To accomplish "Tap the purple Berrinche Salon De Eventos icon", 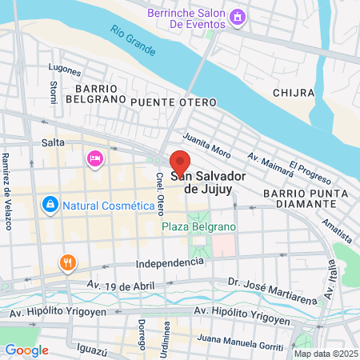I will tap(236, 17).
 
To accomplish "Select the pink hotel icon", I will tap(95, 159).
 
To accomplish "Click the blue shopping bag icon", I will tap(50, 206).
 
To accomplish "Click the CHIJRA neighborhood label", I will tap(292, 93).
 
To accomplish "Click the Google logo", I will tap(26, 350).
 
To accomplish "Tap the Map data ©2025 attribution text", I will tap(325, 354).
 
